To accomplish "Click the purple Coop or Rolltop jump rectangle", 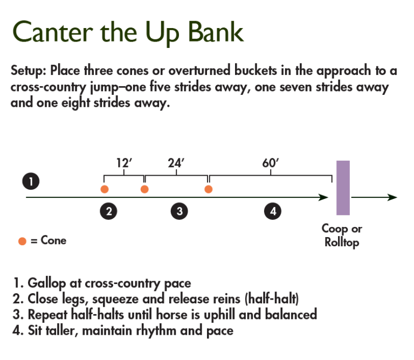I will tap(343, 188).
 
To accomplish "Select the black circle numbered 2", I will tap(109, 212).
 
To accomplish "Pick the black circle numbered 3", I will tap(179, 212).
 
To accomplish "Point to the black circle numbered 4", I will tap(273, 212).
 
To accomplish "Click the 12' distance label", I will tap(125, 163).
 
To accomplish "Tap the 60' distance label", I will tap(270, 163).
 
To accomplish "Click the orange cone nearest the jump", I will tap(209, 189).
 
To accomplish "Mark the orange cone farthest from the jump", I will tap(105, 189).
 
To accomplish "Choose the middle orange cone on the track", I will tap(144, 189).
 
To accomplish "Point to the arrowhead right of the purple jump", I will tap(392, 197).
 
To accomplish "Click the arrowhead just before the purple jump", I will tap(323, 197).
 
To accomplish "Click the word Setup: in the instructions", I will tap(29, 71).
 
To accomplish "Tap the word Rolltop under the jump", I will tap(342, 243).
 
